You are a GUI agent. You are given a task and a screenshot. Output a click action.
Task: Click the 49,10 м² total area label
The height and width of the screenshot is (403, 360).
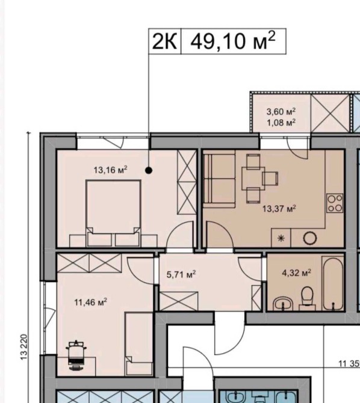coord(233,41)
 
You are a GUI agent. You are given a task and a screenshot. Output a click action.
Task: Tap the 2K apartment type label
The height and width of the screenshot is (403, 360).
coord(164,42)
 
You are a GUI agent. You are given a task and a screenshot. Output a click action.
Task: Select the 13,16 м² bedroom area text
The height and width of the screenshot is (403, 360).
coord(110,170)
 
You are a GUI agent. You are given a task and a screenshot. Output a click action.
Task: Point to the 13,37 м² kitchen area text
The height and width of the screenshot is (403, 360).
coord(279,209)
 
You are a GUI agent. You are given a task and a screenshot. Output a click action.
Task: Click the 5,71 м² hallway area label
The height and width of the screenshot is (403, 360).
coord(181,274)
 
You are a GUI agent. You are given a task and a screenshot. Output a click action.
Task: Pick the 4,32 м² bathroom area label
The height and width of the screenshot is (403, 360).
coord(297,272)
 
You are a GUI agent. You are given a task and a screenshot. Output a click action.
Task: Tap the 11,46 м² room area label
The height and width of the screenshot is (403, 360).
coord(90,302)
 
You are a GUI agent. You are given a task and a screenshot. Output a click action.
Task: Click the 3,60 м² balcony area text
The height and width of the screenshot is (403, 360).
coord(281,111)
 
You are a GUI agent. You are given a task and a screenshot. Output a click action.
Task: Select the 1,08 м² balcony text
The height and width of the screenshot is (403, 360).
coord(281,123)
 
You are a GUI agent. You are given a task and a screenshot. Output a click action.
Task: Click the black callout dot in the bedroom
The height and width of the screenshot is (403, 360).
coord(149,170)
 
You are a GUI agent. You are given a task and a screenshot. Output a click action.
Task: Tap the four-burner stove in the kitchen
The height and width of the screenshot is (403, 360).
coord(335,203)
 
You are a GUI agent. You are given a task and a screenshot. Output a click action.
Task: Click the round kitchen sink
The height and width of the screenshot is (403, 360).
coord(310,238)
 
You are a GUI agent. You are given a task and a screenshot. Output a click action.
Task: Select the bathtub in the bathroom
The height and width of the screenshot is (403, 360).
coord(333,283)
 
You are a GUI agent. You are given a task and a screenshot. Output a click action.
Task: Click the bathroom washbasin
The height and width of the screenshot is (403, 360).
coord(283,304)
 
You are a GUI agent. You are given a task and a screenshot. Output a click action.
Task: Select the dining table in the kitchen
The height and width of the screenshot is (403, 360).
coord(253,179)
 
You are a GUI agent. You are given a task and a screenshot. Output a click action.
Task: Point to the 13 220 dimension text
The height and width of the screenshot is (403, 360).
coord(23,346)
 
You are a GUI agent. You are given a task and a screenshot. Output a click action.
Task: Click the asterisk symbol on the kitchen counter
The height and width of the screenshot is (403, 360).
coord(281,238)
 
